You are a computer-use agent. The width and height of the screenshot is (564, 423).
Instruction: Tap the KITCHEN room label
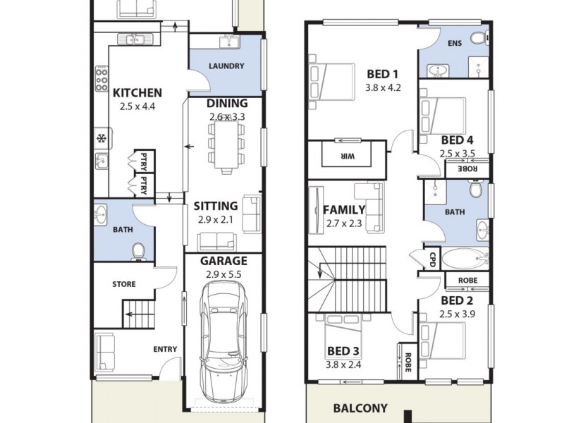coord(137,92)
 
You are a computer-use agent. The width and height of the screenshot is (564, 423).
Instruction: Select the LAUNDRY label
coord(226,66)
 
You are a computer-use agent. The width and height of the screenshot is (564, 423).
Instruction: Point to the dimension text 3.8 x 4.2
coord(383,88)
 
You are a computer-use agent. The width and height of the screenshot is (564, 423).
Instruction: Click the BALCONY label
coord(360,407)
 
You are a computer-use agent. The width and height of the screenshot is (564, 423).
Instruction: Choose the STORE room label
coord(124,284)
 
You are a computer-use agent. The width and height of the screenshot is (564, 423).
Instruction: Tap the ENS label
coord(455,44)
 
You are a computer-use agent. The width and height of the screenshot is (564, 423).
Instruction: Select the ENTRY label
coord(165,349)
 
